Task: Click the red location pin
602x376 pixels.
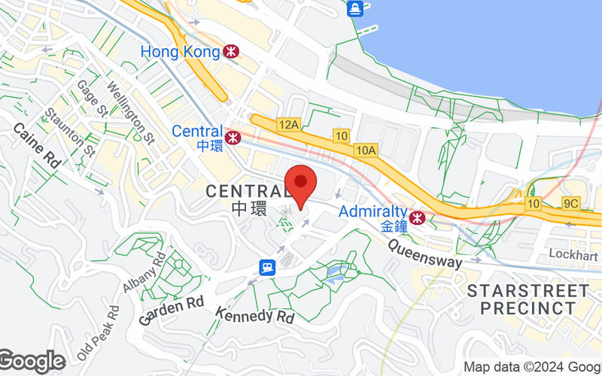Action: pyautogui.click(x=301, y=183)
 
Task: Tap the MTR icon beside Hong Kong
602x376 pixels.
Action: pyautogui.click(x=232, y=52)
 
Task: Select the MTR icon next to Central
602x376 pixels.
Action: pyautogui.click(x=233, y=138)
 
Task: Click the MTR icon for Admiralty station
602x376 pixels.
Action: pyautogui.click(x=418, y=218)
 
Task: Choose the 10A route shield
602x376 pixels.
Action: pyautogui.click(x=366, y=150)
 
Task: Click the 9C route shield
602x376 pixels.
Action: pyautogui.click(x=570, y=203)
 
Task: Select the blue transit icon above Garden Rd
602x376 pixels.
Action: pyautogui.click(x=266, y=267)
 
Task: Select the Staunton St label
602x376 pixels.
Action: pyautogui.click(x=70, y=132)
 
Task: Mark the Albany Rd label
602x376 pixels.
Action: pyautogui.click(x=144, y=272)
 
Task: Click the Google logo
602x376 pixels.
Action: pyautogui.click(x=32, y=362)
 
